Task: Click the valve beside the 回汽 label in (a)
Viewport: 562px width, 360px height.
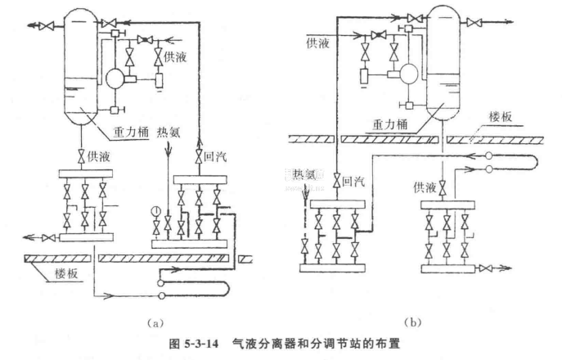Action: coord(197,153)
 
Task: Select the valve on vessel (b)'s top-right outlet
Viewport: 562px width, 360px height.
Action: coord(472,24)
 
